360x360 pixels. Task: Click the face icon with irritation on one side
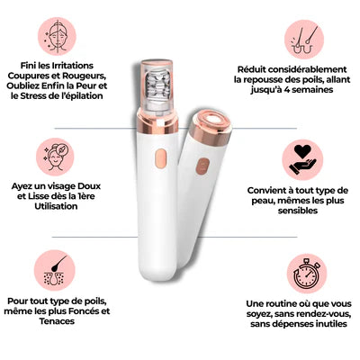click(57, 36)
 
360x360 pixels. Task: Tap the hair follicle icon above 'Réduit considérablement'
click(303, 40)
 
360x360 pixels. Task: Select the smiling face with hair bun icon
click(56, 157)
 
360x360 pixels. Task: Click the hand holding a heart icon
click(302, 159)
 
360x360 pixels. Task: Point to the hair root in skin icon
click(55, 270)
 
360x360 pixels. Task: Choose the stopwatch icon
click(307, 274)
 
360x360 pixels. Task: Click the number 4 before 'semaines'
click(286, 90)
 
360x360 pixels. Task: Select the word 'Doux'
click(89, 186)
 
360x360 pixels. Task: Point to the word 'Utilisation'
click(56, 206)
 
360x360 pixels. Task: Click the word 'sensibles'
click(297, 211)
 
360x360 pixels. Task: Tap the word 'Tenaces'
click(57, 321)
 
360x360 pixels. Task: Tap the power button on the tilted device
click(202, 166)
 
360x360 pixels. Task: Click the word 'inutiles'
click(331, 324)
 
